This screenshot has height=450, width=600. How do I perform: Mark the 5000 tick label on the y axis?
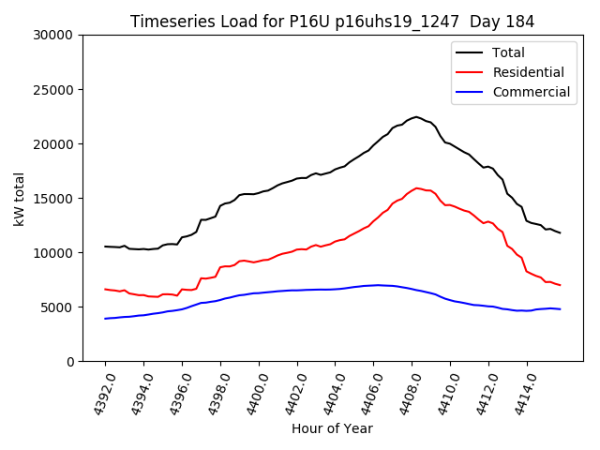tap(59, 307)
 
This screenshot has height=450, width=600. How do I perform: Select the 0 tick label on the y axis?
tap(70, 362)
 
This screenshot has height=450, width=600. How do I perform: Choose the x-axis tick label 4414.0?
tap(521, 393)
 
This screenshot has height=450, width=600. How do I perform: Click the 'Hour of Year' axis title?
tap(332, 428)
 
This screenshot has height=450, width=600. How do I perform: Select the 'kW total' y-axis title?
tap(20, 198)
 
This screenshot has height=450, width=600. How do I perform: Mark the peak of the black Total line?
tap(416, 117)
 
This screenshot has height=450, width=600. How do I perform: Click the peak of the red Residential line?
tap(417, 187)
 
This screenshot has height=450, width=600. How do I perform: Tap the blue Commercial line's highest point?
tap(377, 285)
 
